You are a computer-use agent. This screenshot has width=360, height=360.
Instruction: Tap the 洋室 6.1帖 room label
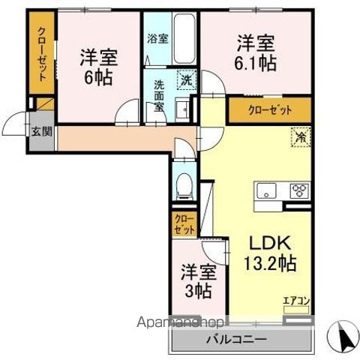click(255, 52)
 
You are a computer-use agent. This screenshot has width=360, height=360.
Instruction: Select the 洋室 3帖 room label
click(199, 281)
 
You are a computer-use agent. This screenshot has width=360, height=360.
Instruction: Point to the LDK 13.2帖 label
click(268, 253)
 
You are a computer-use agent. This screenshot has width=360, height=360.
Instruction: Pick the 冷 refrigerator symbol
click(298, 139)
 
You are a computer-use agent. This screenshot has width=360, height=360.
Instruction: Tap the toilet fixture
click(183, 183)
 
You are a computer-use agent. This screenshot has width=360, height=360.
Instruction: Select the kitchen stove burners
click(298, 190)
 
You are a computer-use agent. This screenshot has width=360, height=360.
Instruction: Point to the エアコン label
click(295, 302)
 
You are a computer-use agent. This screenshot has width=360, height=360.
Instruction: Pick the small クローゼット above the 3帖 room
click(184, 223)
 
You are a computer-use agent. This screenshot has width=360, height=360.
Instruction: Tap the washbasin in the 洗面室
click(181, 111)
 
